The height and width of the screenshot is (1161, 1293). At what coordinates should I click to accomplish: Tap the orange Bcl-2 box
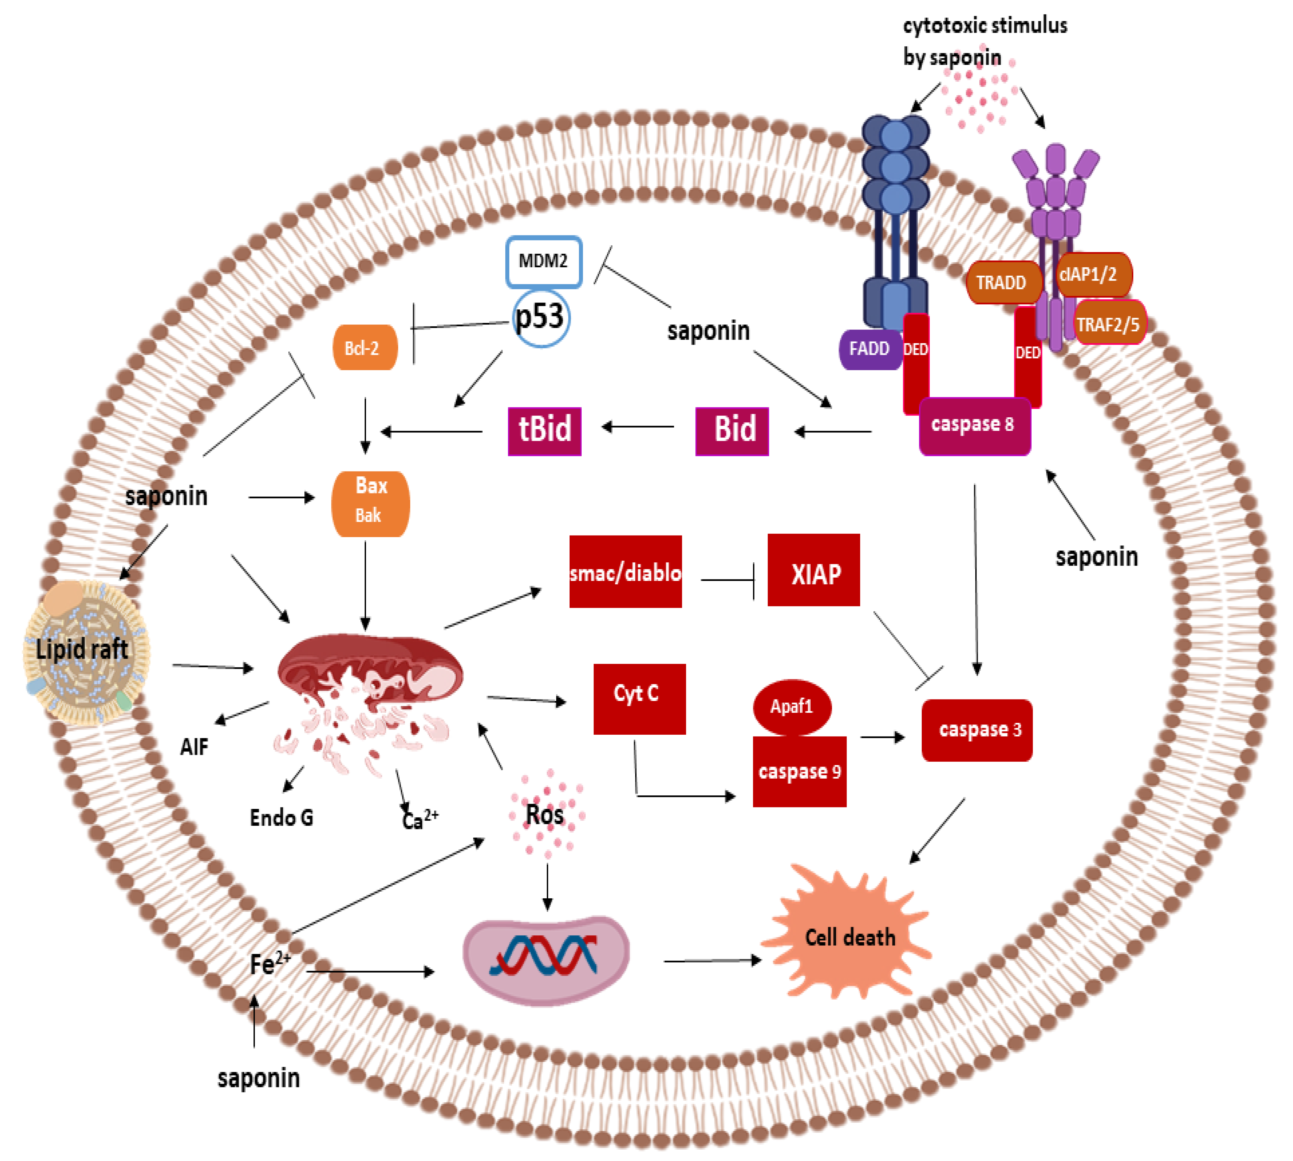pos(365,348)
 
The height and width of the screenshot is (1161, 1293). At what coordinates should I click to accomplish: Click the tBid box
pos(544,431)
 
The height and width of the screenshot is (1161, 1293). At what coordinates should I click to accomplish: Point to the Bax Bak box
pos(370,504)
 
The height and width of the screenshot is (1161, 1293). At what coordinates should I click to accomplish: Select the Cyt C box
pos(639,699)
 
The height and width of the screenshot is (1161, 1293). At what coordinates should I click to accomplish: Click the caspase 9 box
pos(799,772)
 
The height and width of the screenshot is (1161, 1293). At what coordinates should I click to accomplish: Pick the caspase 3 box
pos(976,730)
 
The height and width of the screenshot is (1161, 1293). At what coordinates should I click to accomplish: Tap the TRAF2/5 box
pos(1109,324)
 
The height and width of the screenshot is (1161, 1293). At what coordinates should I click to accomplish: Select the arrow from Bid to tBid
pos(638,427)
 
